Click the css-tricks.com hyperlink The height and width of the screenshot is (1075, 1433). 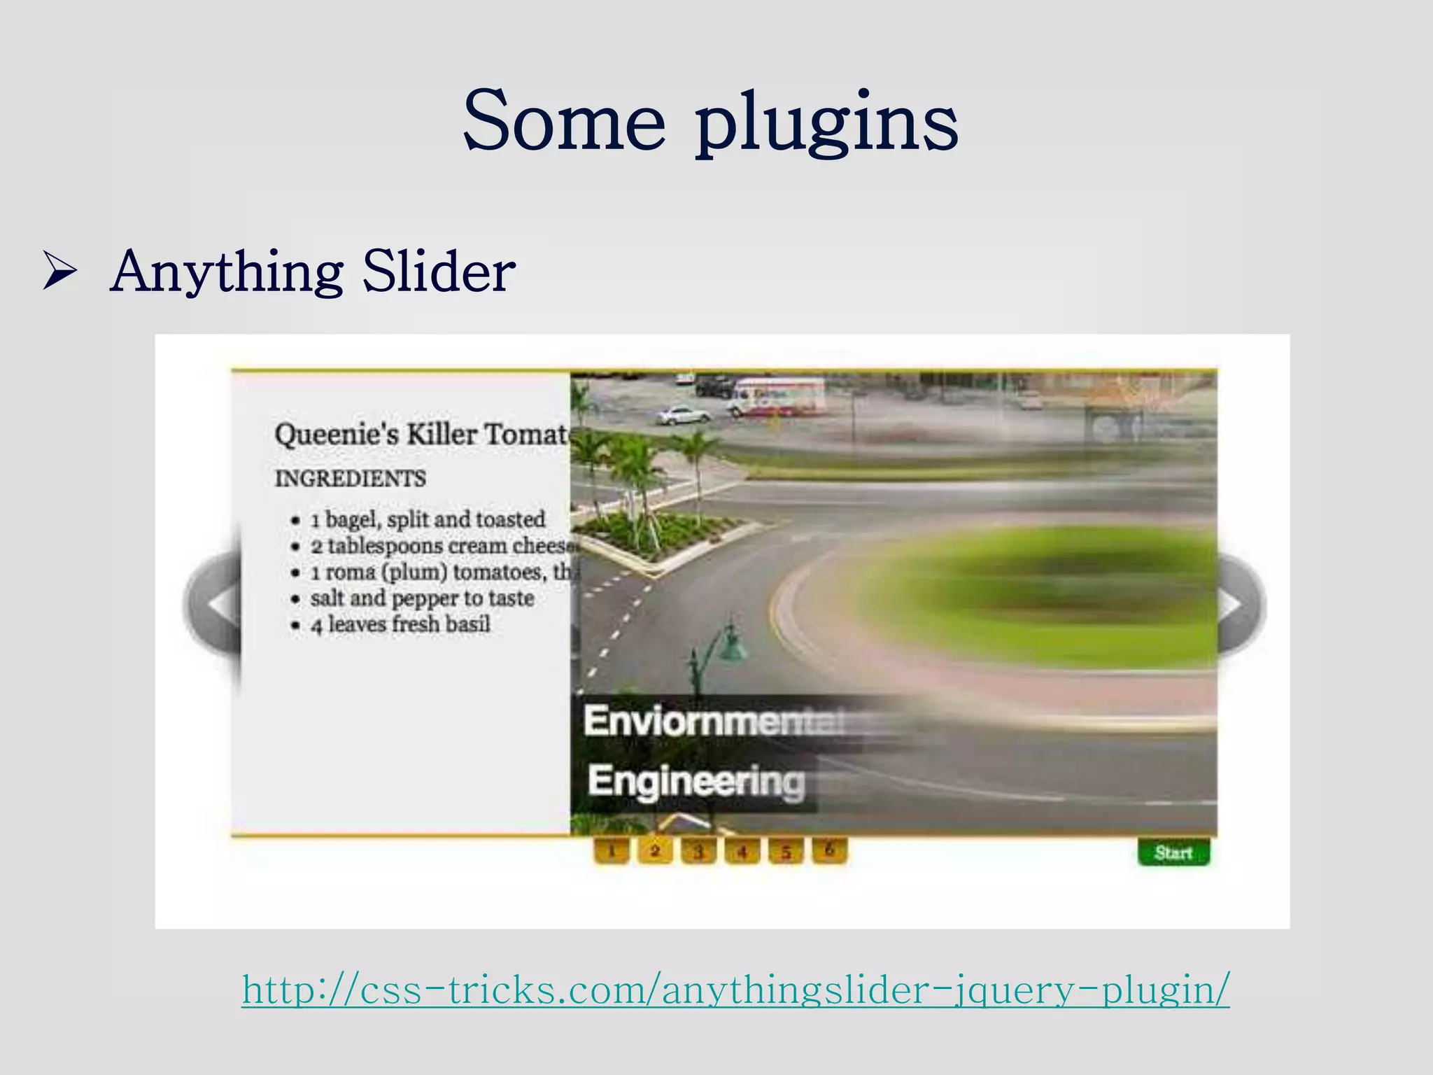click(x=735, y=989)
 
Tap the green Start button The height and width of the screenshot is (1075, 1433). click(x=1173, y=852)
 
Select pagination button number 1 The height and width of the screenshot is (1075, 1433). click(x=612, y=851)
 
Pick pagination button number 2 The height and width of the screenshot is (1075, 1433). click(x=655, y=851)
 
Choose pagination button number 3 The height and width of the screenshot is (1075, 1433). click(x=698, y=851)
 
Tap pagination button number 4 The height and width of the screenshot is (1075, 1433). click(x=742, y=851)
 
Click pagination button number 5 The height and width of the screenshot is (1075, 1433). click(x=786, y=851)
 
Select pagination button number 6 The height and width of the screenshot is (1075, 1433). click(x=829, y=850)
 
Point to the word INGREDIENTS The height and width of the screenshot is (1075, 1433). click(x=350, y=479)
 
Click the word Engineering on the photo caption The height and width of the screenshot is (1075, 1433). click(x=696, y=780)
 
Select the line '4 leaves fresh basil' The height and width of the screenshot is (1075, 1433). click(x=400, y=624)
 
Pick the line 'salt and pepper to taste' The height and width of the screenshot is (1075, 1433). click(x=422, y=598)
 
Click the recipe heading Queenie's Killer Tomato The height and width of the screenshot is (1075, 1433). click(x=421, y=435)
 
